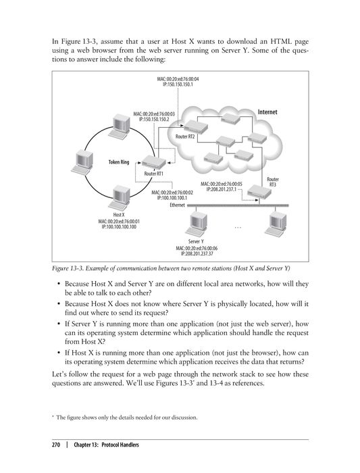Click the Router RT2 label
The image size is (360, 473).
point(185,136)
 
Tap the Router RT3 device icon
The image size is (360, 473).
point(255,193)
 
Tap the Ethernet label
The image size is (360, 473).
point(179,203)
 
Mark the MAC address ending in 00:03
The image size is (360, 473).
point(155,114)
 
